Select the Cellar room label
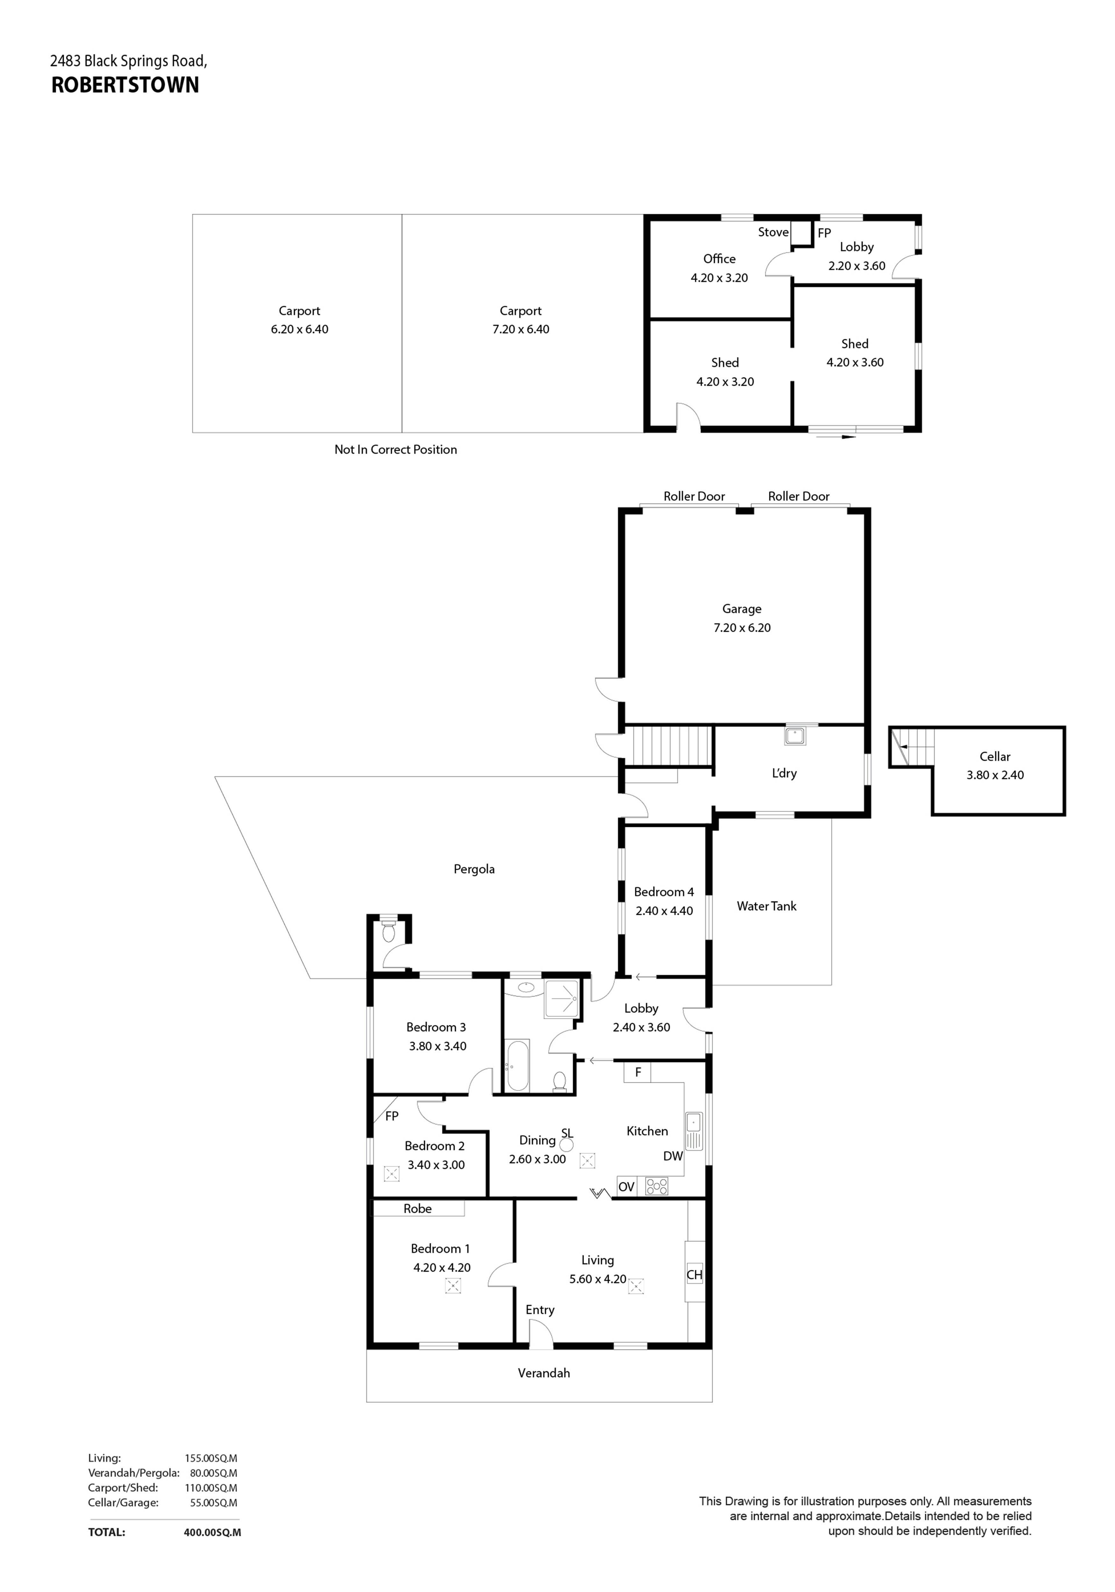994,756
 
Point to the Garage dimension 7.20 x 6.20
742,627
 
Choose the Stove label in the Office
773,232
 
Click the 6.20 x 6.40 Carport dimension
299,329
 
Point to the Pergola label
474,870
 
